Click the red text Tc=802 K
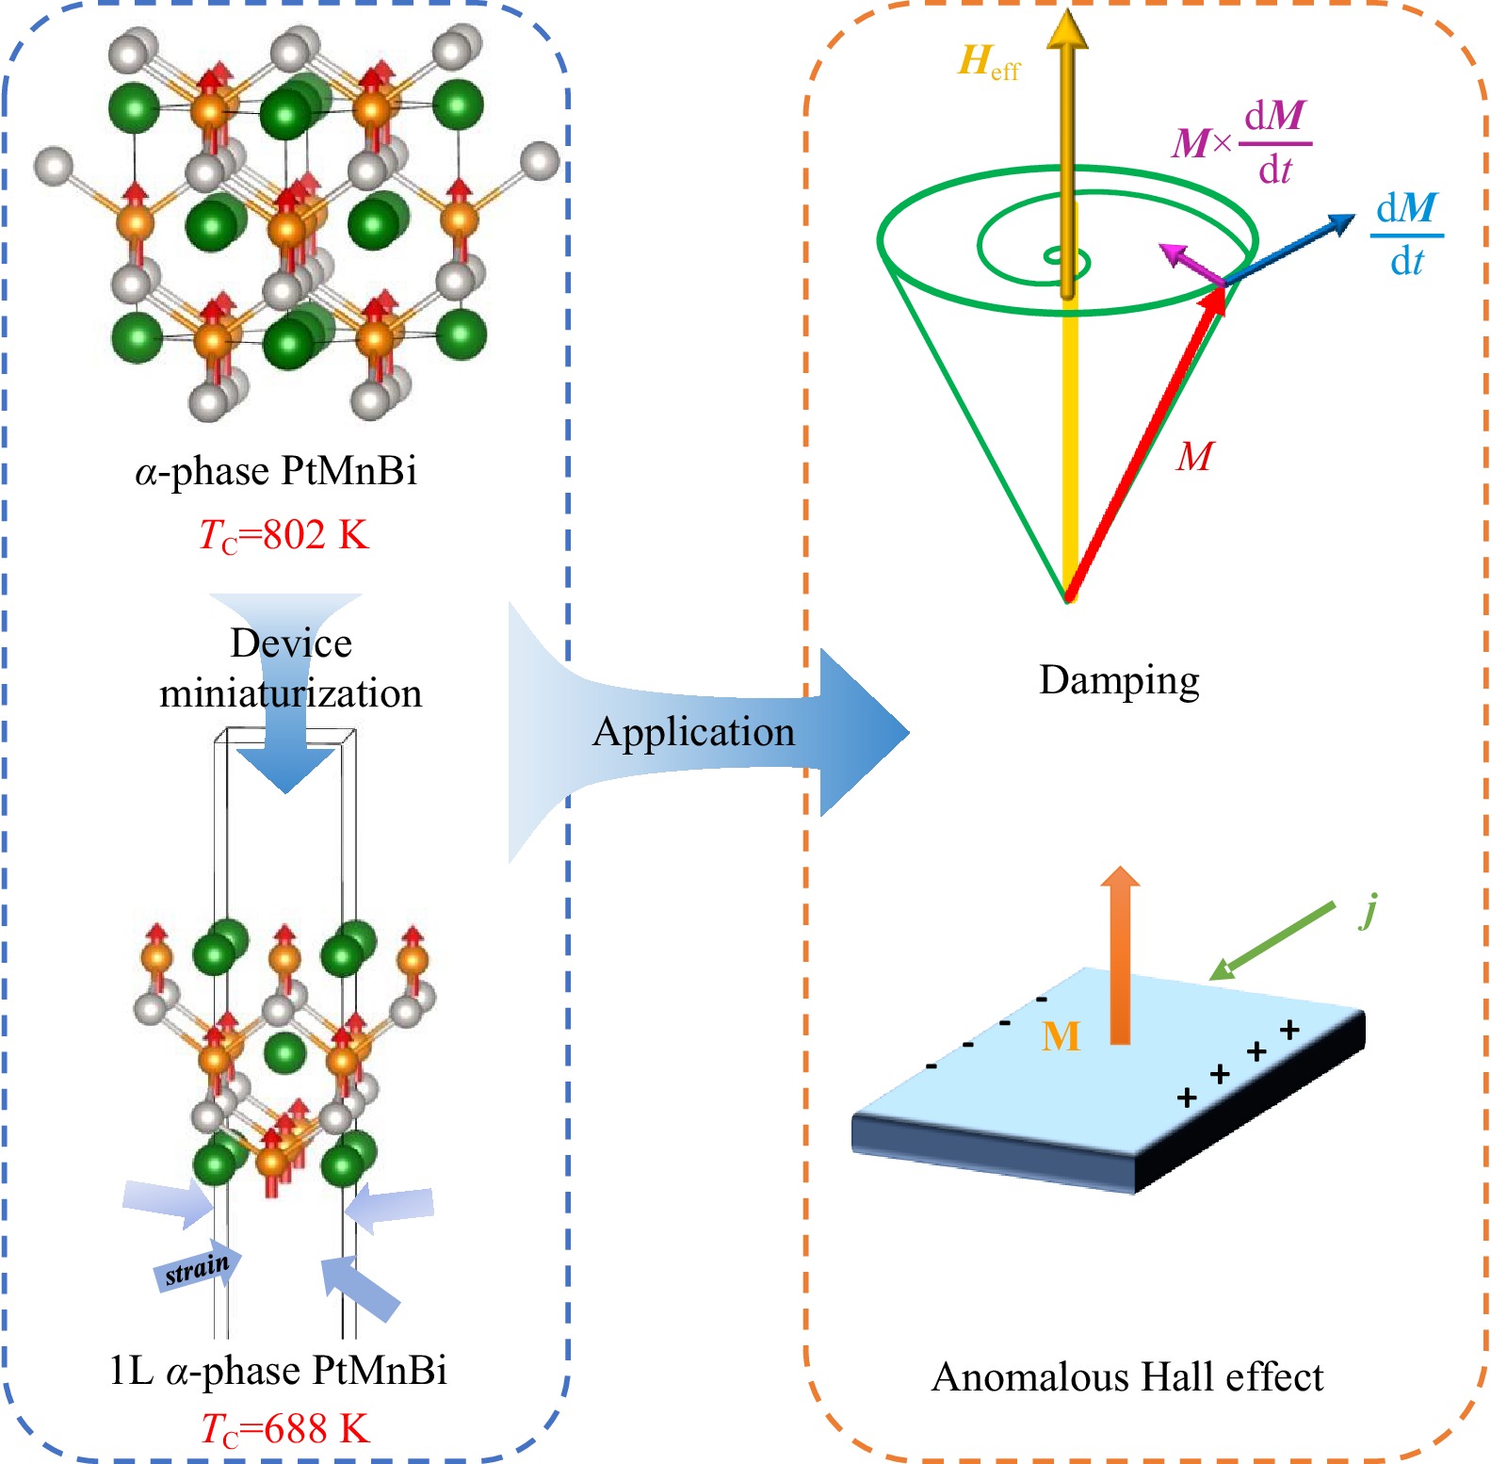284,535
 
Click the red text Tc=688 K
285,1429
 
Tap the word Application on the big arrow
693,732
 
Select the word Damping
1119,680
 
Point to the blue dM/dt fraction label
1406,235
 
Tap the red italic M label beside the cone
1194,456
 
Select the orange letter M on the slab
1061,1036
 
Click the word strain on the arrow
197,1269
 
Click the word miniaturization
290,694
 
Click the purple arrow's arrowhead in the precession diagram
1172,252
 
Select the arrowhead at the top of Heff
1067,28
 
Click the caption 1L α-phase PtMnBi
278,1370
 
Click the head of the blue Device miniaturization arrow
286,769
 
